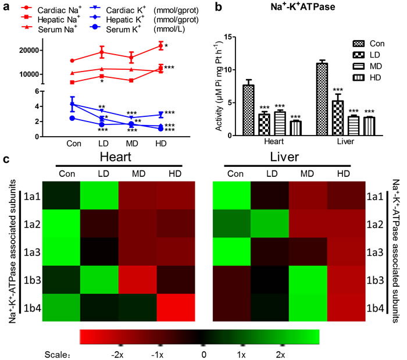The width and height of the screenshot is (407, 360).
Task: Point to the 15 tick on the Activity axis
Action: click(231, 37)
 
